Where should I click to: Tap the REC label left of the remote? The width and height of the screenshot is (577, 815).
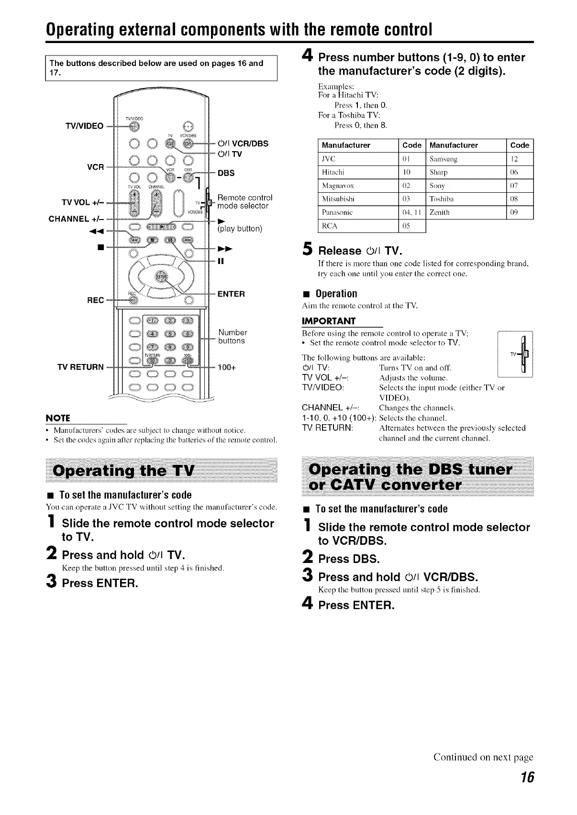tap(95, 300)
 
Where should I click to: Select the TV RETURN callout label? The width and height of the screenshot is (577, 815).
tap(80, 367)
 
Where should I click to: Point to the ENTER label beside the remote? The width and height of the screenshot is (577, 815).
tap(231, 294)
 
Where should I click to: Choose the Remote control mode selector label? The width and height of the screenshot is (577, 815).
tap(244, 202)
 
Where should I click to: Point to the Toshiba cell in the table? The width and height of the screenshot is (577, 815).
tap(442, 198)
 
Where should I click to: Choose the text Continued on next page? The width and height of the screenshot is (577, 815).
tap(483, 757)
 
